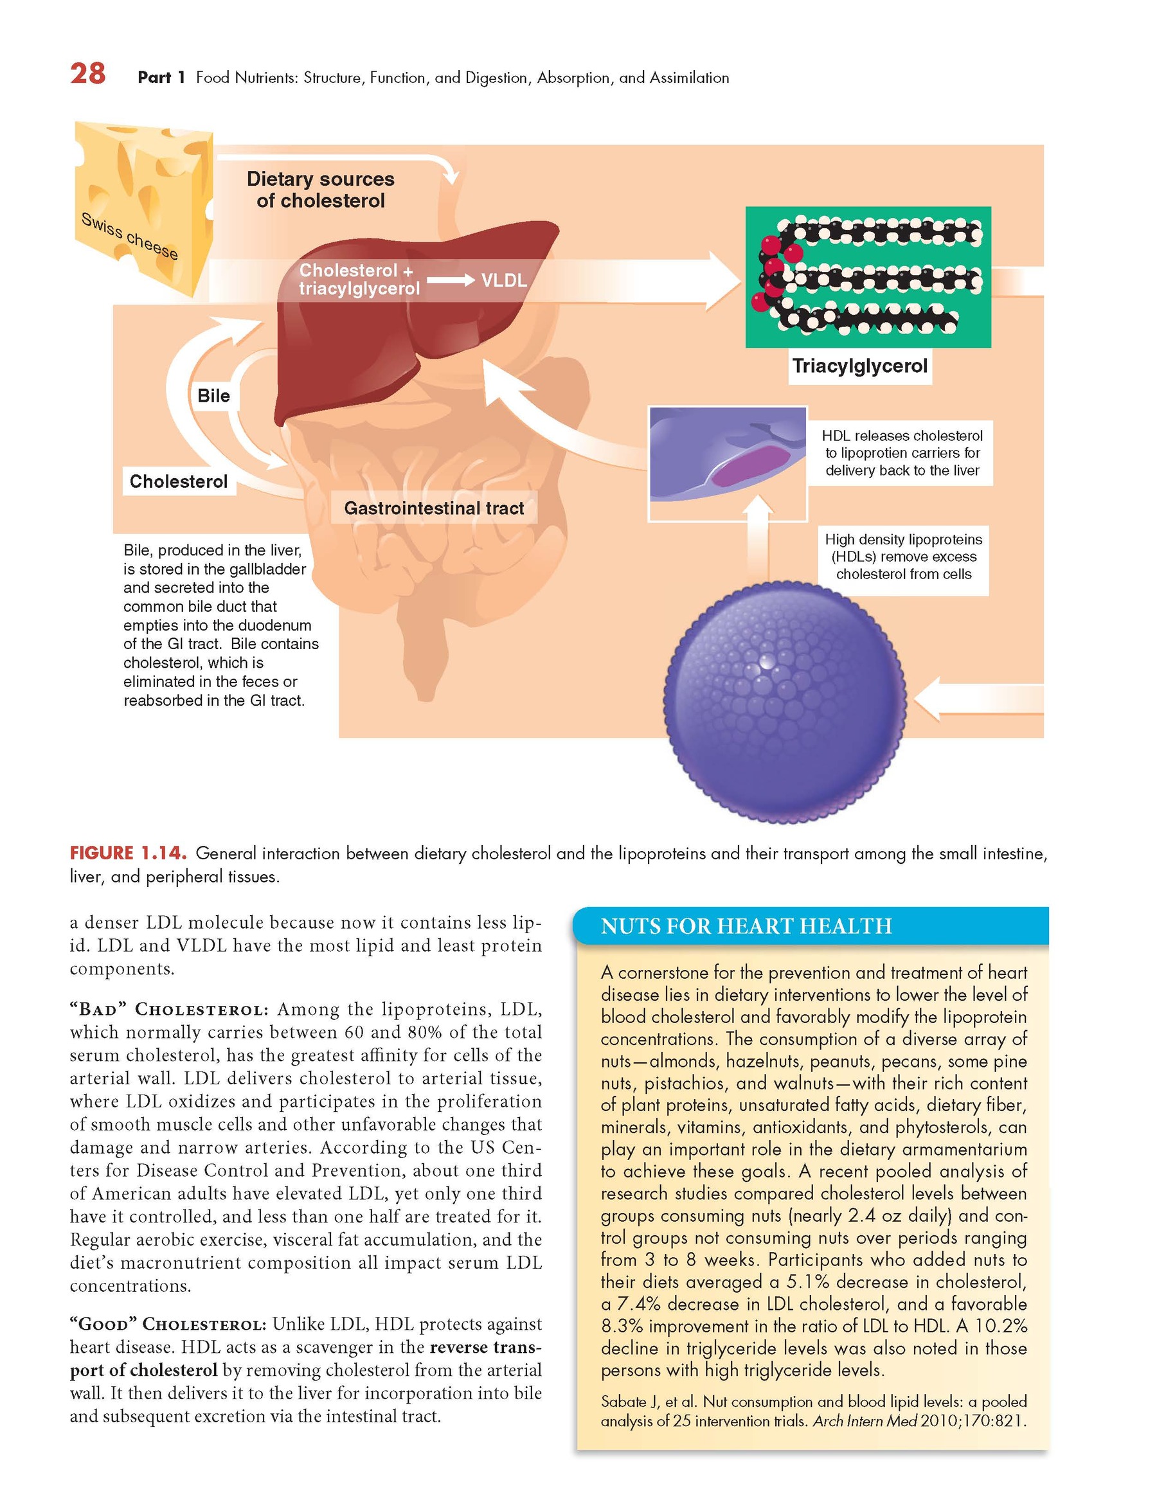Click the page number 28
[x=87, y=73]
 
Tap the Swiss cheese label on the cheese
[x=129, y=236]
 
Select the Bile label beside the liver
[x=213, y=395]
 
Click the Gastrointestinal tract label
[x=433, y=508]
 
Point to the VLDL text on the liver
[x=503, y=281]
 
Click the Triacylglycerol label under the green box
[x=859, y=366]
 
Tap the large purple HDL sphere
[x=784, y=701]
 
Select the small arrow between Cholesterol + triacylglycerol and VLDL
[x=450, y=281]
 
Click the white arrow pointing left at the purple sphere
[x=977, y=697]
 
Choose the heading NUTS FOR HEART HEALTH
[x=746, y=926]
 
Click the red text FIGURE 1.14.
[x=128, y=854]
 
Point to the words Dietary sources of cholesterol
[x=321, y=190]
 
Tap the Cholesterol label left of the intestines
[x=178, y=481]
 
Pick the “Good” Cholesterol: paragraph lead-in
[x=168, y=1324]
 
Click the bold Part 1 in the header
[x=161, y=78]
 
